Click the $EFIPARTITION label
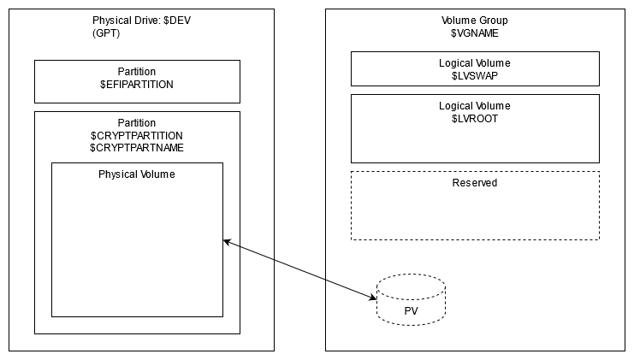[x=137, y=85]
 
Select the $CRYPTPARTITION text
[x=137, y=136]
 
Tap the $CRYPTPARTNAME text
[x=137, y=148]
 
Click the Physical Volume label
[x=137, y=174]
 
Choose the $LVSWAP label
[x=474, y=75]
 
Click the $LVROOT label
[x=474, y=118]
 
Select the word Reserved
[x=474, y=183]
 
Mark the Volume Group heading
[x=475, y=20]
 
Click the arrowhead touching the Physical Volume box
[x=227, y=241]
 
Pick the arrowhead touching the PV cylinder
[x=373, y=296]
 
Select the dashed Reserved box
[x=474, y=214]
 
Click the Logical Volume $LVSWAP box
[x=474, y=68]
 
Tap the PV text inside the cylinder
[x=411, y=309]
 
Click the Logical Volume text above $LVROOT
[x=474, y=106]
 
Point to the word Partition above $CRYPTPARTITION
[x=137, y=123]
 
